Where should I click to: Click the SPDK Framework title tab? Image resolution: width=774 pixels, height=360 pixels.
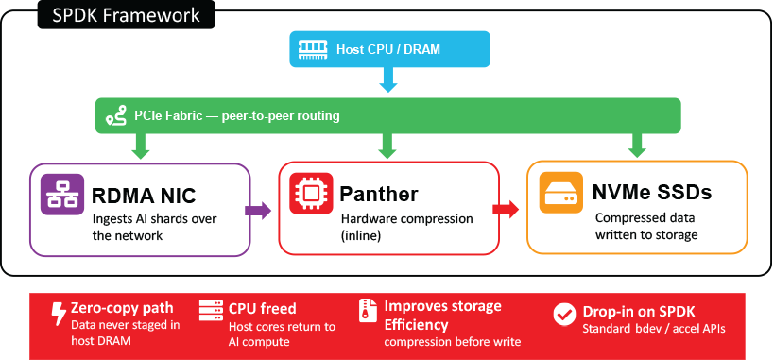[126, 14]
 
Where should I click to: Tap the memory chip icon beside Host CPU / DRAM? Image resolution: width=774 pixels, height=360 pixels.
[314, 49]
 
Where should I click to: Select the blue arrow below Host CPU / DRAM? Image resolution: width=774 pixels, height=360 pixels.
[388, 79]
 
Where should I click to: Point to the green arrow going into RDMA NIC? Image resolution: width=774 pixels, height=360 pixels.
[142, 146]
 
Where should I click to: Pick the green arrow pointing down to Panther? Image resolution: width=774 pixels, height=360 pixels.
[388, 146]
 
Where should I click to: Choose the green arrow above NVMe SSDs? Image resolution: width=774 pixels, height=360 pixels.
[637, 146]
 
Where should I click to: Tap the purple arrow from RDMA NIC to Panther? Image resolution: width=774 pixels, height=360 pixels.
[258, 211]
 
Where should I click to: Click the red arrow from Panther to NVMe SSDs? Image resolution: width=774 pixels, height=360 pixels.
[506, 209]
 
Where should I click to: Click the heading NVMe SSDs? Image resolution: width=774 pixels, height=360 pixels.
[652, 192]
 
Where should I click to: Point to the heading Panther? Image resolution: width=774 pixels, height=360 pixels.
[379, 194]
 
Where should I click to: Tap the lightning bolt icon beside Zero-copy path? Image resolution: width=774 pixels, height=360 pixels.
[59, 315]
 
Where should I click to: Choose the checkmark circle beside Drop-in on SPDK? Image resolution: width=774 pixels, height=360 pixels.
[565, 314]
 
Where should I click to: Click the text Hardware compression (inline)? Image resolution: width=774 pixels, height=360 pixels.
[407, 227]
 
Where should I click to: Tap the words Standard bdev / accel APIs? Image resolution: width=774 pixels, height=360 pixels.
[654, 329]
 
